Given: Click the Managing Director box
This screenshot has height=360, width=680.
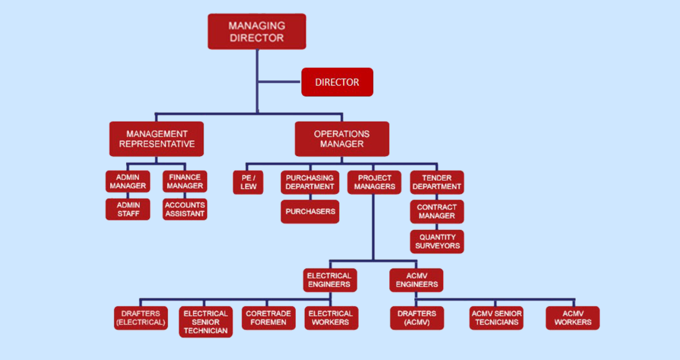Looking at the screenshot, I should click(257, 32).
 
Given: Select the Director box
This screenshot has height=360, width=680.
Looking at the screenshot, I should click(337, 82).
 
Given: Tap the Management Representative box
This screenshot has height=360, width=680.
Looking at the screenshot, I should click(157, 139).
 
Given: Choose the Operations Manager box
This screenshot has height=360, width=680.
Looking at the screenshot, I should click(342, 139).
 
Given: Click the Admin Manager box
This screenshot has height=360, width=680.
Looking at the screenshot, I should click(128, 182).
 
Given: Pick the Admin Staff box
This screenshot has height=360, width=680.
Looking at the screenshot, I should click(128, 209).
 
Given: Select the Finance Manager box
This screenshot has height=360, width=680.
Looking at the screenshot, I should click(185, 182).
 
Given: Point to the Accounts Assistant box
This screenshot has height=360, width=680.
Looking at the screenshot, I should click(185, 209).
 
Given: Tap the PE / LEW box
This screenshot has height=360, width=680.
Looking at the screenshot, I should click(248, 182).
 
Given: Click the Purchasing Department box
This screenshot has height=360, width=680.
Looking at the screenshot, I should click(310, 182).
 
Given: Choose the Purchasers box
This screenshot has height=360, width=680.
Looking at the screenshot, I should click(310, 211).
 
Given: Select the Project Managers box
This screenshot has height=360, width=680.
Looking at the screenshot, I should click(374, 182).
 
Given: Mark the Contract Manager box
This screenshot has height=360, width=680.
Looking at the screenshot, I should click(437, 212).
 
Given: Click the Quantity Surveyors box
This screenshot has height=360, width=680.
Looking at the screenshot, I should click(437, 242).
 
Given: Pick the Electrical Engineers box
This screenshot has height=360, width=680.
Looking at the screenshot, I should click(329, 280).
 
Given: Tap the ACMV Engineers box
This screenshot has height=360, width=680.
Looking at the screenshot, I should click(416, 280).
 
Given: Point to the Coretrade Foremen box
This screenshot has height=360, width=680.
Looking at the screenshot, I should click(268, 318).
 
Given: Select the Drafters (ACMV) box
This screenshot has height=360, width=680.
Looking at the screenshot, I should click(417, 318).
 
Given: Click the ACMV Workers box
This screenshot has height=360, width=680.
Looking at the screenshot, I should click(573, 318).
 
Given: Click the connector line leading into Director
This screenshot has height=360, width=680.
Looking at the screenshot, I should click(279, 82).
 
